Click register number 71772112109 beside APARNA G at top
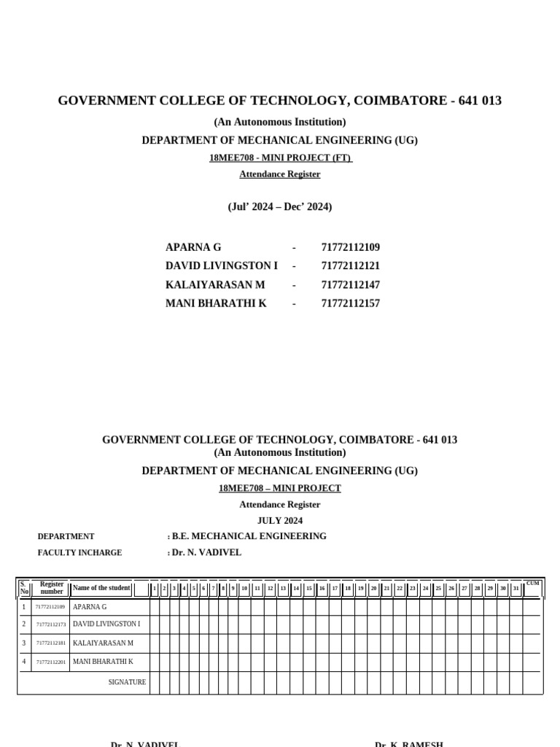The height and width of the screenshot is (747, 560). click(350, 247)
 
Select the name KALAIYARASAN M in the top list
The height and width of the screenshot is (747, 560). click(215, 285)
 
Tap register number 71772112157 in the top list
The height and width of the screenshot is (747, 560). click(350, 303)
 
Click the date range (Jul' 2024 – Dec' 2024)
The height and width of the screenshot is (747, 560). click(279, 206)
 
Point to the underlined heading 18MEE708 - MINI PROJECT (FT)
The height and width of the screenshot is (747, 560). click(280, 158)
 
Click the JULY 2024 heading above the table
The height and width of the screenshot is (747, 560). click(279, 521)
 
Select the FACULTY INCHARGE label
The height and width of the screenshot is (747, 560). click(79, 553)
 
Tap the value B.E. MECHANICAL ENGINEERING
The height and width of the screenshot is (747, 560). click(249, 536)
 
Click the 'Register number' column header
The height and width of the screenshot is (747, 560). click(51, 588)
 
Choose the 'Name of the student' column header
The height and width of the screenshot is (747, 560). click(101, 588)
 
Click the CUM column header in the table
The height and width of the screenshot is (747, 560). click(532, 584)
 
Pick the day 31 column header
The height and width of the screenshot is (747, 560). click(516, 588)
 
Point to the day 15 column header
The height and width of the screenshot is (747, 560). click(309, 588)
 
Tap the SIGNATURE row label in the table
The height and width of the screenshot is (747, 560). click(127, 683)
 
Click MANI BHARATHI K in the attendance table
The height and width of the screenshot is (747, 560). click(103, 662)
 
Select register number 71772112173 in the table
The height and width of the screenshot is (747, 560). click(51, 624)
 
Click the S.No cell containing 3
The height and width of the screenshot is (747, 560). click(24, 643)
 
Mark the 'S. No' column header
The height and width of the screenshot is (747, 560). click(24, 588)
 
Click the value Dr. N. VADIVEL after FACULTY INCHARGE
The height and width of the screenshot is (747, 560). click(206, 553)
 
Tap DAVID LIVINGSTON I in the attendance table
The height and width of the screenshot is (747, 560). click(106, 624)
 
